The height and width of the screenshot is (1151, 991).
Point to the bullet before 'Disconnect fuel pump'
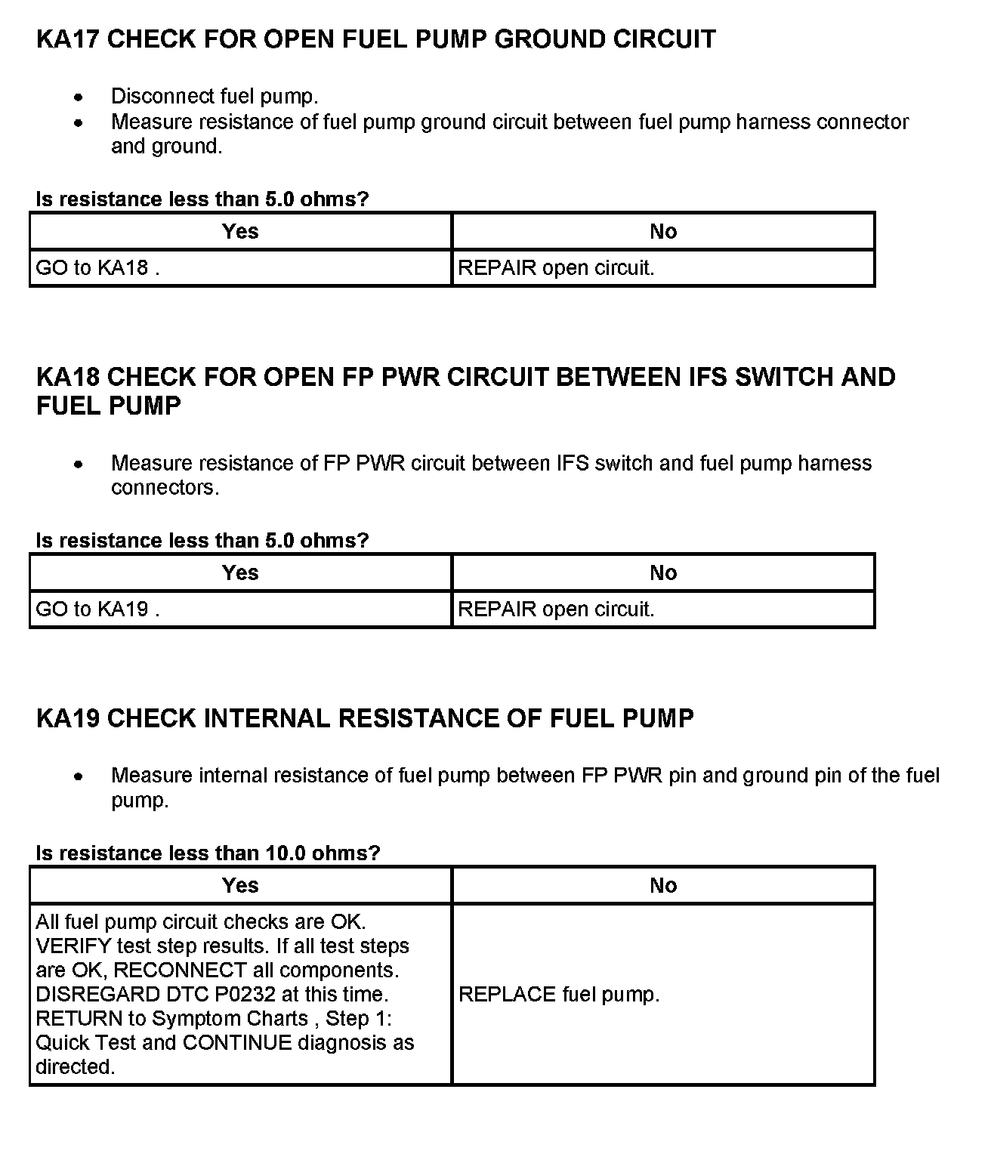pyautogui.click(x=79, y=97)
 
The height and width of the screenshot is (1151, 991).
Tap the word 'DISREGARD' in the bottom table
pyautogui.click(x=97, y=995)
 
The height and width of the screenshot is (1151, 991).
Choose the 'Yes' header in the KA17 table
pyautogui.click(x=240, y=232)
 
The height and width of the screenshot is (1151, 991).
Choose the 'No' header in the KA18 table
pyautogui.click(x=663, y=573)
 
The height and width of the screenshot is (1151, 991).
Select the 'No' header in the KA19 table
pyautogui.click(x=663, y=886)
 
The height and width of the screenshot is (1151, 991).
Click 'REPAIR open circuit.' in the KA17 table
pyautogui.click(x=556, y=268)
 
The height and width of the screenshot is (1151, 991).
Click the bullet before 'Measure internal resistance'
pyautogui.click(x=79, y=776)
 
